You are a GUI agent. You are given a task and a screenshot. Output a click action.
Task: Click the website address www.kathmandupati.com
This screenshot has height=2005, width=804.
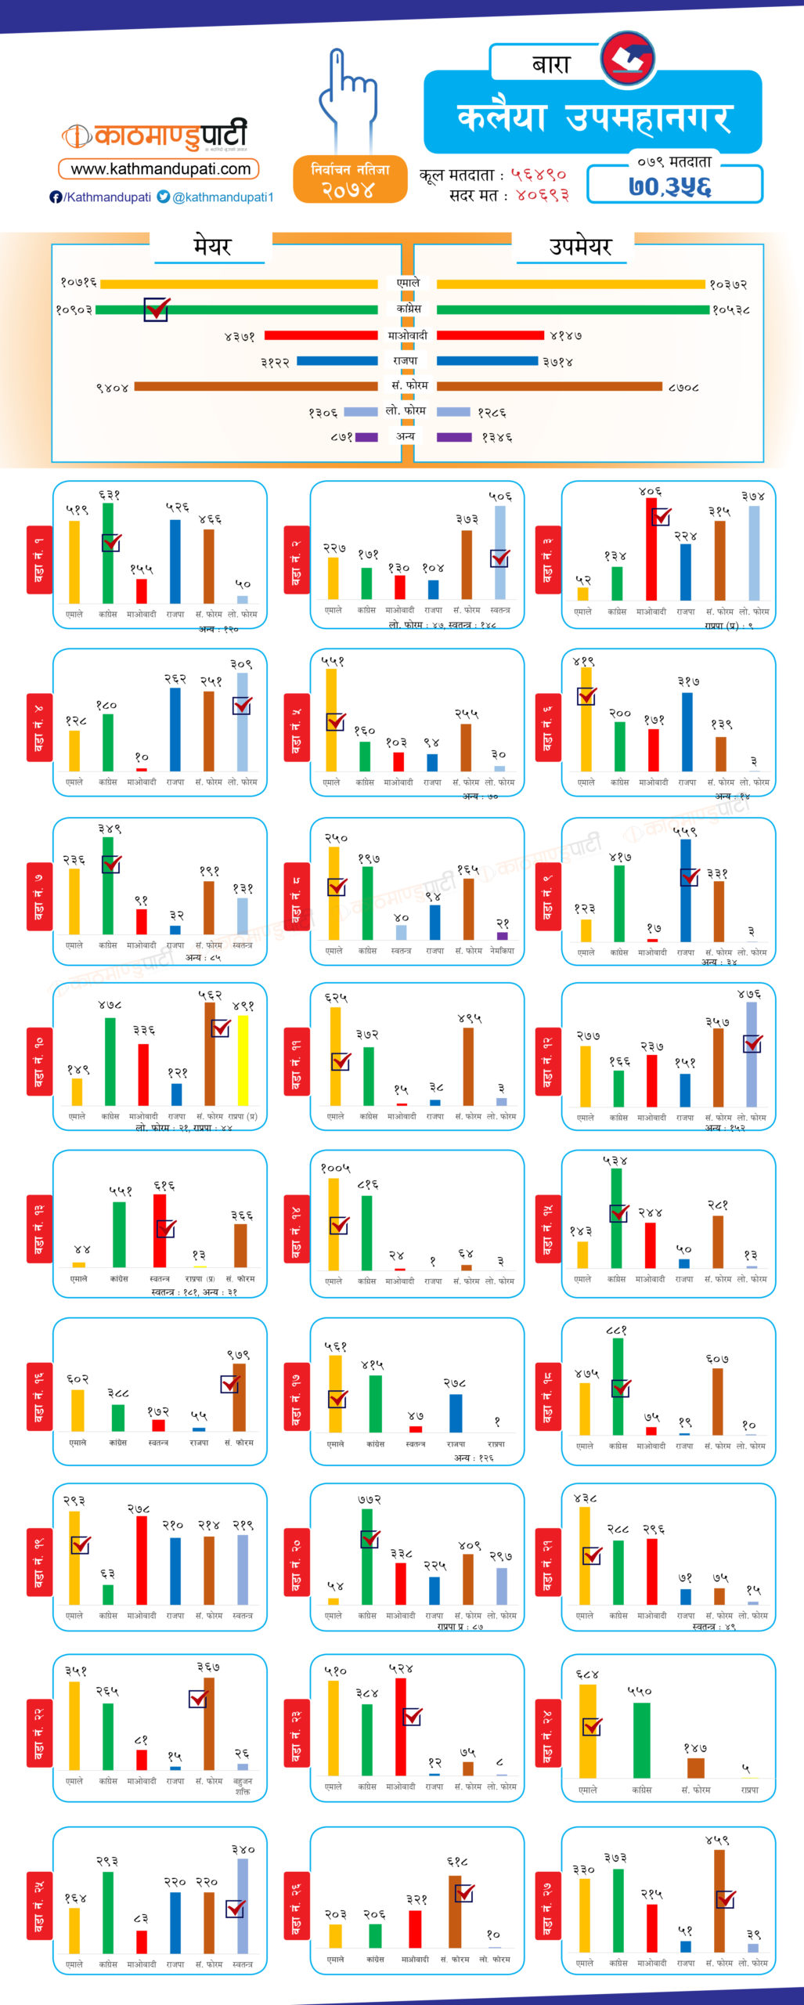pos(160,169)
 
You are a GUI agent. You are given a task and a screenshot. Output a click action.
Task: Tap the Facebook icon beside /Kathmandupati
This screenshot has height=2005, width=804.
pos(56,197)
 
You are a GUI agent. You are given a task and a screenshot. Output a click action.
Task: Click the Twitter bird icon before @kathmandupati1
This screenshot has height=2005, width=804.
pos(164,197)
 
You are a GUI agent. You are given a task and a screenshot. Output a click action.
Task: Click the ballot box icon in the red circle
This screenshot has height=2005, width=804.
pos(628,58)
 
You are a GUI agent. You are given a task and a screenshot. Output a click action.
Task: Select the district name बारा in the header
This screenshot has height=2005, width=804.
pos(551,64)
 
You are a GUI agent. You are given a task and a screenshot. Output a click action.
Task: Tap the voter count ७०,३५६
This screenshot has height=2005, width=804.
pos(670,187)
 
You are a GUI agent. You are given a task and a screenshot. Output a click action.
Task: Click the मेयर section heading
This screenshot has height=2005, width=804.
pos(212,247)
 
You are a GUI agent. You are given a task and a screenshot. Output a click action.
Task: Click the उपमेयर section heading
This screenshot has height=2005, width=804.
pos(579,247)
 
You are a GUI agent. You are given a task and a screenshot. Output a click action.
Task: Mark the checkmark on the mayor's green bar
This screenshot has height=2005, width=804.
pos(157,309)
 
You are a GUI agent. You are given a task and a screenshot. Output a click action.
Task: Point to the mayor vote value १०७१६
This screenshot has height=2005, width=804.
pos(79,283)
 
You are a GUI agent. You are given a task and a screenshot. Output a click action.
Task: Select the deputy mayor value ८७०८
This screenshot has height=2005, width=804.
pos(683,387)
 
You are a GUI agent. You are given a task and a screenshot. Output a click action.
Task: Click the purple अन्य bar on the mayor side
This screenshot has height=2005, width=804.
pos(366,437)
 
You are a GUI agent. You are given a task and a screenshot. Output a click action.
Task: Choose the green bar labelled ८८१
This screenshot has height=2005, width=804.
pos(618,1386)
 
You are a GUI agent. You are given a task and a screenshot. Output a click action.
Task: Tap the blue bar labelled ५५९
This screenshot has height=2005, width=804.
pos(686,890)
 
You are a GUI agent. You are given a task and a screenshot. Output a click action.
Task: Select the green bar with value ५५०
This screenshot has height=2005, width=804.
pos(641,1739)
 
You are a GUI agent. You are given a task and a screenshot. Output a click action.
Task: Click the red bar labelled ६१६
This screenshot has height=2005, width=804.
pos(160,1230)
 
